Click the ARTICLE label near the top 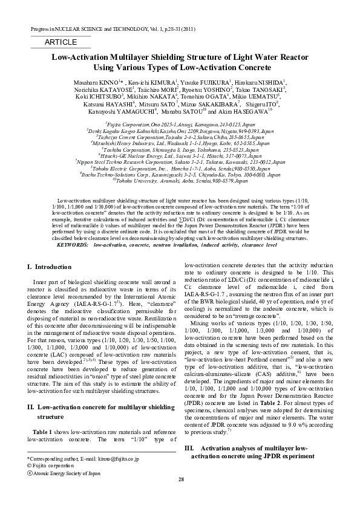[61, 42]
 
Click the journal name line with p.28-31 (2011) [113, 29]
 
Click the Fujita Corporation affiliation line [180, 123]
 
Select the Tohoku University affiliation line [180, 180]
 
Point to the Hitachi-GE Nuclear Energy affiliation [180, 155]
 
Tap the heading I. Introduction [50, 267]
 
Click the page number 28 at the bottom [180, 496]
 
